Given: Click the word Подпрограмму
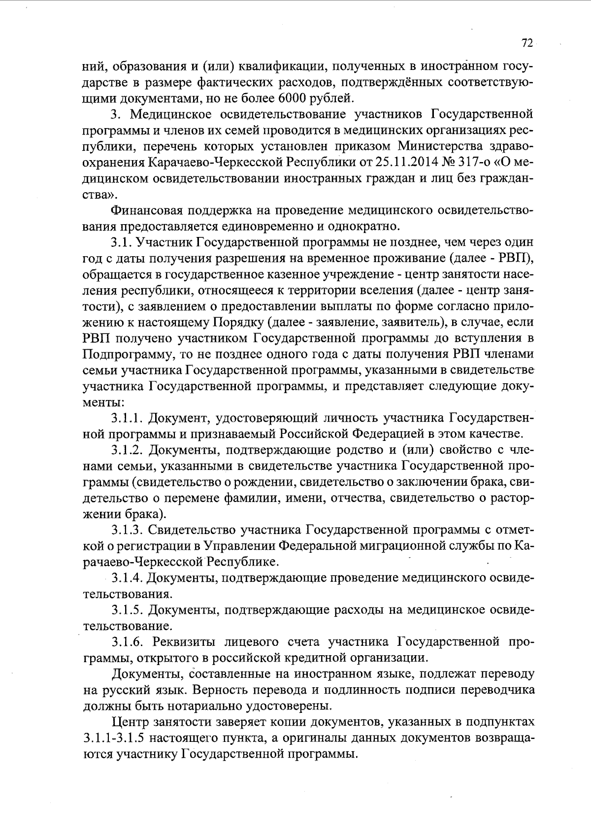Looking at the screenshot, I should (x=124, y=355).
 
